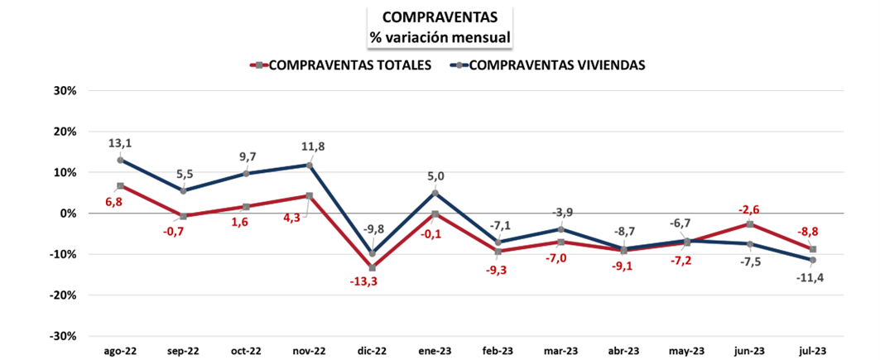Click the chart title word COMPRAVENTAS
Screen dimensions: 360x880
click(440, 17)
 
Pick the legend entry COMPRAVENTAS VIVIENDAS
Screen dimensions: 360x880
click(556, 65)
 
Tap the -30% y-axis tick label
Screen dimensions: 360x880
click(62, 336)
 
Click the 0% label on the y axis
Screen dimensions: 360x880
click(68, 214)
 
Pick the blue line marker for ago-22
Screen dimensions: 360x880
click(121, 160)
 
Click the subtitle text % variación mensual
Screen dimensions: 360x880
click(440, 36)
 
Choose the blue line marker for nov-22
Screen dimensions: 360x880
click(310, 166)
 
